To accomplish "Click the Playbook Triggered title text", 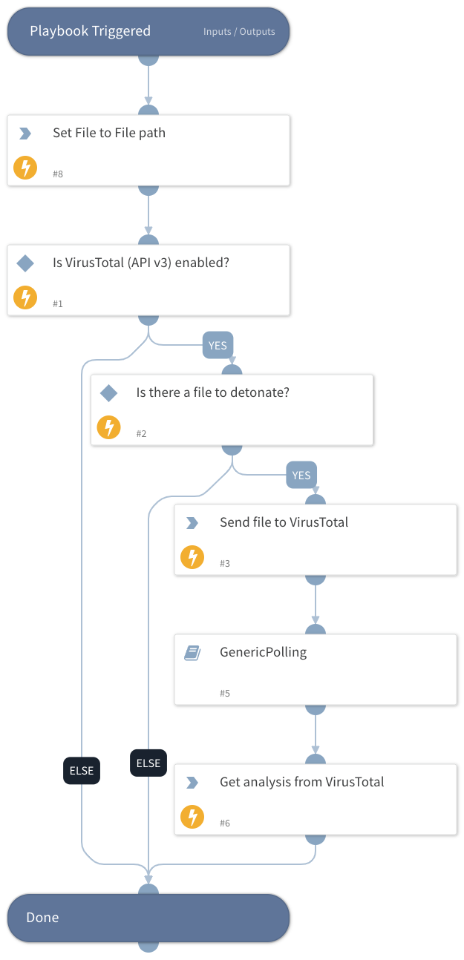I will click(x=90, y=31).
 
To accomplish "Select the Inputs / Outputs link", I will click(x=239, y=32).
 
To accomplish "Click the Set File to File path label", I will click(x=108, y=133).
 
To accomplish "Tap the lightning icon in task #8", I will click(x=25, y=168).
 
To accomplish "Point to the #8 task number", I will click(x=58, y=174).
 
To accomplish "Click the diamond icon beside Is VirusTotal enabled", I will click(x=25, y=263).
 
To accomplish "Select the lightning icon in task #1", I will click(x=25, y=297).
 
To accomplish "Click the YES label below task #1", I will click(x=218, y=345).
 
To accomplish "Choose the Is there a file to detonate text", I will click(x=212, y=392).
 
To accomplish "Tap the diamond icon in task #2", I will click(x=109, y=392).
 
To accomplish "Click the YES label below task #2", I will click(x=301, y=475).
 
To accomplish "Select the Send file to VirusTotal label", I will click(x=284, y=522).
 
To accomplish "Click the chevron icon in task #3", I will click(x=192, y=523).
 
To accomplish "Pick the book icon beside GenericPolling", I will click(x=192, y=653).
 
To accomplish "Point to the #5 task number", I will click(x=225, y=693).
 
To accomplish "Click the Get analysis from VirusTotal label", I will click(x=301, y=782).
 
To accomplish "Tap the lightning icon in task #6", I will click(x=192, y=817).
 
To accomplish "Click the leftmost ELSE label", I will click(x=81, y=770).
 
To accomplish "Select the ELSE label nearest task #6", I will click(x=148, y=763).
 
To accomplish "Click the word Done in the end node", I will click(x=42, y=918).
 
